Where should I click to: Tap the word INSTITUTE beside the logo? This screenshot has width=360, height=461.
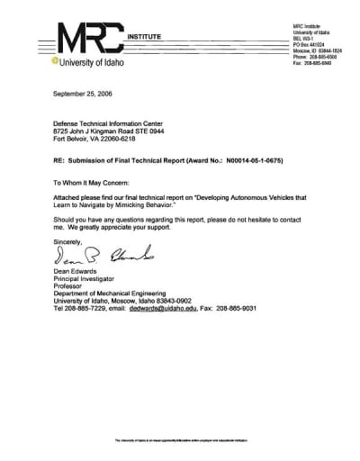[x=148, y=34]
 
